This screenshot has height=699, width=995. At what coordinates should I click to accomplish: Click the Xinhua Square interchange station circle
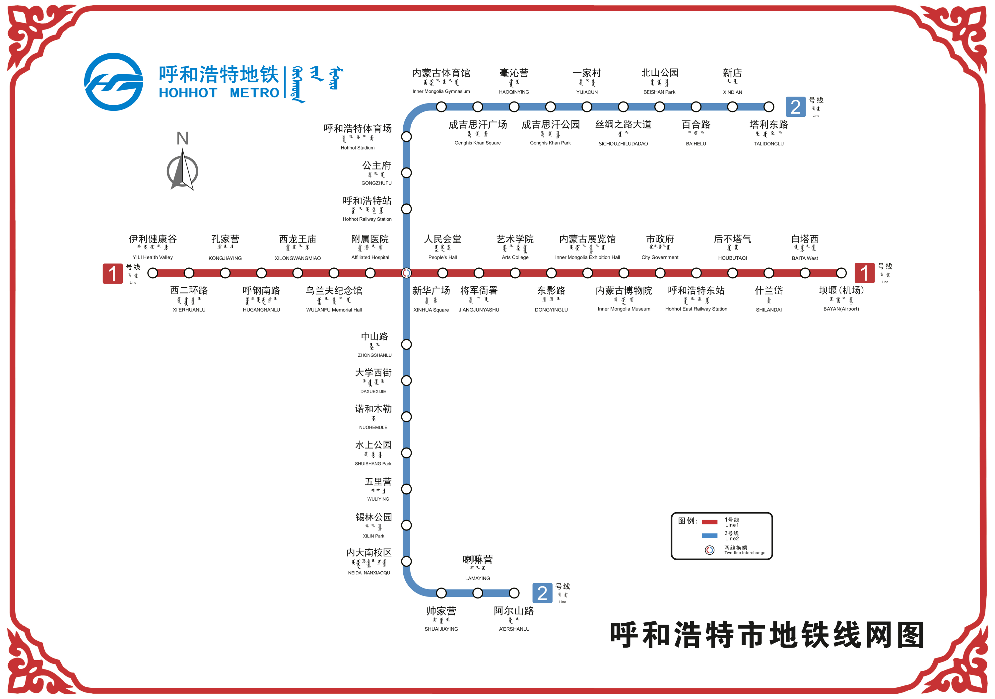(x=406, y=273)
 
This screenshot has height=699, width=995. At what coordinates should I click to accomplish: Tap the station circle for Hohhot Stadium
(x=406, y=136)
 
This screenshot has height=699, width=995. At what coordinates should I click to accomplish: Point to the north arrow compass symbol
(x=182, y=170)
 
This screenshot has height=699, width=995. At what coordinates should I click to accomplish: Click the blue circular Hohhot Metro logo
(x=113, y=82)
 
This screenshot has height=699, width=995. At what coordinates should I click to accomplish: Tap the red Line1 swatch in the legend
(x=709, y=522)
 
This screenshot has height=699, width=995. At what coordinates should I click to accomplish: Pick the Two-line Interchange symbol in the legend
(x=709, y=550)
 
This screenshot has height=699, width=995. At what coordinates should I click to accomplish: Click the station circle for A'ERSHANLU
(x=514, y=593)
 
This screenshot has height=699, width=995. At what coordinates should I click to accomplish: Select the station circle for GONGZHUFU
(x=406, y=173)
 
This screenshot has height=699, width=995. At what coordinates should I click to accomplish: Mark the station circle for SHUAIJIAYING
(x=441, y=593)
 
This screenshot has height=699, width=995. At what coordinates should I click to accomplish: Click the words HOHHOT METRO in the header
(x=219, y=93)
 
